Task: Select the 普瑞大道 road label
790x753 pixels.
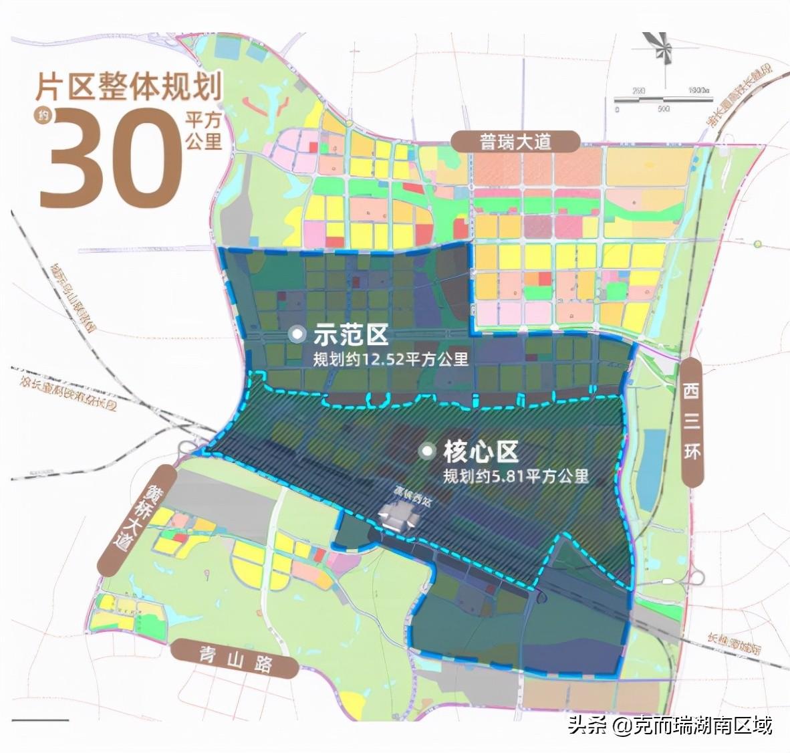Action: [515, 142]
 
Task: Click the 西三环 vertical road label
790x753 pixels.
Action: [692, 421]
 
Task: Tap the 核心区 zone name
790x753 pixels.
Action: [480, 452]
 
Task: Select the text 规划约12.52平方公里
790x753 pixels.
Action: [390, 358]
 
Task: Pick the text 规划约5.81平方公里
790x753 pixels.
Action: [516, 476]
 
